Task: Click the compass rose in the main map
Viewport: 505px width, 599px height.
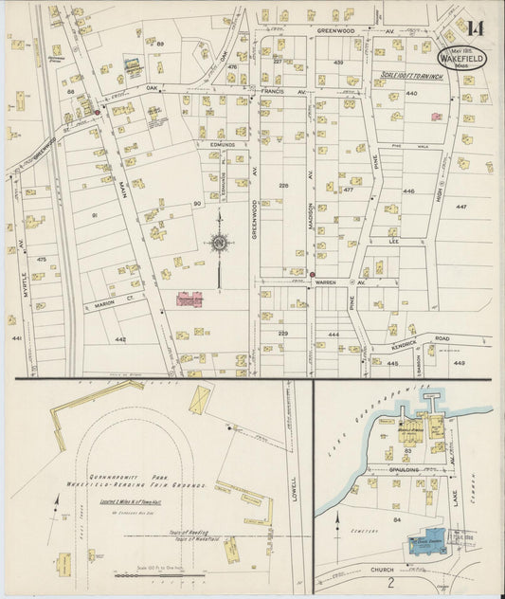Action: click(220, 245)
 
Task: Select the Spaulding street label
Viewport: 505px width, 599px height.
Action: click(408, 470)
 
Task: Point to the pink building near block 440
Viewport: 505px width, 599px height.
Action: click(436, 117)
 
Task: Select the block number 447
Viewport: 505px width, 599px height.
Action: click(460, 206)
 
